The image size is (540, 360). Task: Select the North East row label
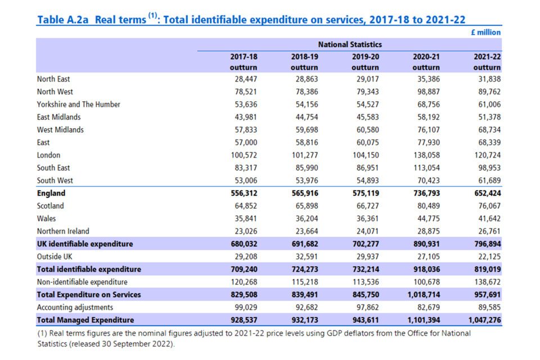(53, 79)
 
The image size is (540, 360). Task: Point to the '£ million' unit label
(485, 33)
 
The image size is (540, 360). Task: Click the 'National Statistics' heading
(349, 44)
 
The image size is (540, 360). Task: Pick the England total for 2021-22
(485, 193)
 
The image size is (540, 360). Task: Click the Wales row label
(46, 219)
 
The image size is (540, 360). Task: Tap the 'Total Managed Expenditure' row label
(85, 320)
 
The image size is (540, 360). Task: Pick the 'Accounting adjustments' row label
(75, 307)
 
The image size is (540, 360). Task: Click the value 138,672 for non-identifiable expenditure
(485, 282)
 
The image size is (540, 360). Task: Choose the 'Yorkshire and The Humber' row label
(79, 105)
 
